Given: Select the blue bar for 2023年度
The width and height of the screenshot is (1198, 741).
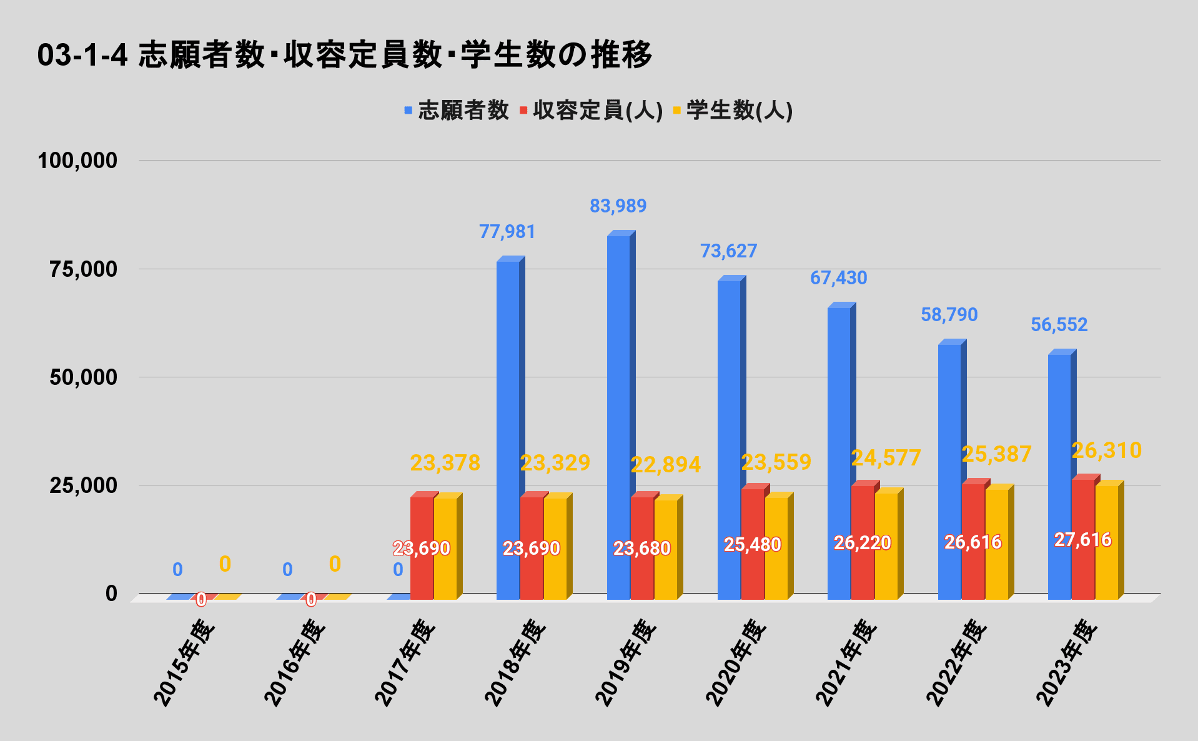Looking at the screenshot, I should [1059, 475].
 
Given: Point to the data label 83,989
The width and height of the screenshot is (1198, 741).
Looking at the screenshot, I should [618, 206].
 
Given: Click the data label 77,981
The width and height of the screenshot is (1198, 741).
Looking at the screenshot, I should [507, 232].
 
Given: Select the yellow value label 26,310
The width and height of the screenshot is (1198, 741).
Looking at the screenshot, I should [1107, 450].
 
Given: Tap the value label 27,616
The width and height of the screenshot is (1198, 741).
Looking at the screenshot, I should [1083, 540].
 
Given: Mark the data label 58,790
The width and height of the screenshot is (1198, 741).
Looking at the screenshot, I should [949, 315].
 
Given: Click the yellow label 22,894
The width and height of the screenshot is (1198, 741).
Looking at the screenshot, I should [666, 465].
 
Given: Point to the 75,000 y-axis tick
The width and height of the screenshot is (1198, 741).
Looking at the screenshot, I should [77, 269].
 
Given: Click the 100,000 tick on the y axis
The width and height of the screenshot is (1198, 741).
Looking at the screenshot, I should [77, 161].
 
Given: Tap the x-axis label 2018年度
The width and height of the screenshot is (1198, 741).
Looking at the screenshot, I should [516, 662].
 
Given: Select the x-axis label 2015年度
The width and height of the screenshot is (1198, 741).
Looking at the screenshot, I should [184, 662].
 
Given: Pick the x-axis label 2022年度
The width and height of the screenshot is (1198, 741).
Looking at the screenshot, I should [957, 662].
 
